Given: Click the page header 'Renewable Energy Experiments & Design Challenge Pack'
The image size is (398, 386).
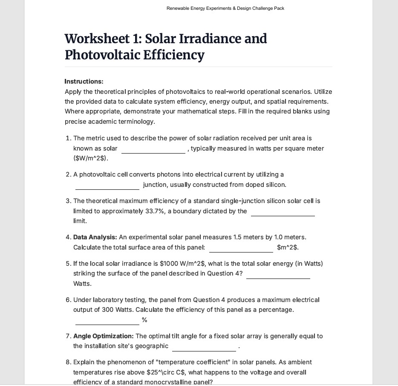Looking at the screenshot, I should (225, 8).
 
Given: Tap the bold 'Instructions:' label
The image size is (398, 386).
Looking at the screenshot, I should (84, 81).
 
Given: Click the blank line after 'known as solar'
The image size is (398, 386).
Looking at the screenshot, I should (153, 150).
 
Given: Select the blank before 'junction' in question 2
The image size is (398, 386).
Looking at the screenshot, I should (107, 186).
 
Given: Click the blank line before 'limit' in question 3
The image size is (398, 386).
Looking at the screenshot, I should (283, 212).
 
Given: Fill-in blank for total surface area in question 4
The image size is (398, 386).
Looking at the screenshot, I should (241, 249).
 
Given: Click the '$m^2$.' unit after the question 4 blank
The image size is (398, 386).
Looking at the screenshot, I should (288, 247).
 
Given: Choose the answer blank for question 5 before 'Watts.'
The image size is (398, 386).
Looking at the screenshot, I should (278, 275).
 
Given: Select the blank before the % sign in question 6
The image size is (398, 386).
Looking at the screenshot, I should (107, 321).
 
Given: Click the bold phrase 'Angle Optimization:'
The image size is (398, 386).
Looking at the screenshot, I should (104, 336).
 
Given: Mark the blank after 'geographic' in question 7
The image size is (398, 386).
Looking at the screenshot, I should (204, 348).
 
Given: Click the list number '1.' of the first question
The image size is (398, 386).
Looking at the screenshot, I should (68, 138).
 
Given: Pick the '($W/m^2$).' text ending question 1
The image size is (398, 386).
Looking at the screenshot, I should (91, 159).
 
